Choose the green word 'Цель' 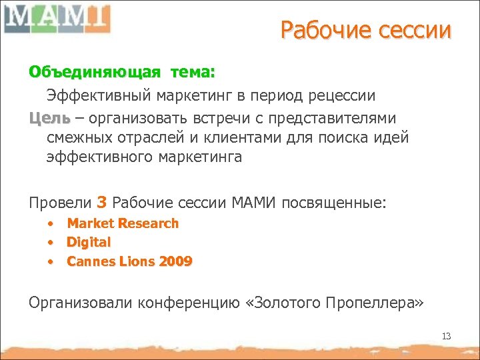click(x=49, y=118)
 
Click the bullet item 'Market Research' click(x=123, y=223)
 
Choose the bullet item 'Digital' click(x=89, y=242)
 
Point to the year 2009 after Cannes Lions click(x=175, y=261)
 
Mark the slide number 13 click(x=446, y=336)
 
